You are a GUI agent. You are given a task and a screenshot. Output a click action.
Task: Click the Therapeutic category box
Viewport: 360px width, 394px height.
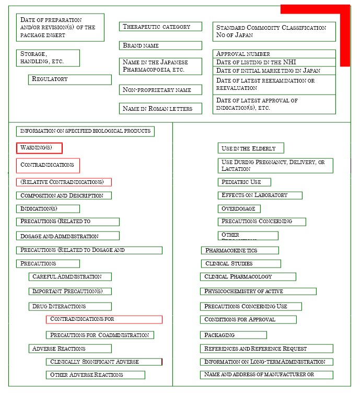click(160, 27)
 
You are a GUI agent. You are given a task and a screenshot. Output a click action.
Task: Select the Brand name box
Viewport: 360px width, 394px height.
click(160, 45)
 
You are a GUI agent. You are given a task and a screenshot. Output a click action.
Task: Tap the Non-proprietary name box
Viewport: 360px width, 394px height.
click(160, 90)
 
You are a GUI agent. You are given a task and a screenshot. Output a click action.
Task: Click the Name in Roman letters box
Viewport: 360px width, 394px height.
click(160, 109)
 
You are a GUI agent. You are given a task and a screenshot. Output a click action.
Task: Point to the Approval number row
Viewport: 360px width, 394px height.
click(274, 54)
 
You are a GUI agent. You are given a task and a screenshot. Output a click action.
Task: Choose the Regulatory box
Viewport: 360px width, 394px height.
click(69, 79)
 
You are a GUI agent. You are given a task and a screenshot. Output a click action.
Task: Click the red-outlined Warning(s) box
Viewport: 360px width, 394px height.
click(39, 148)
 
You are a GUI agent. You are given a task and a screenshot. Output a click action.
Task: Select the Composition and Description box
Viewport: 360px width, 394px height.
click(63, 195)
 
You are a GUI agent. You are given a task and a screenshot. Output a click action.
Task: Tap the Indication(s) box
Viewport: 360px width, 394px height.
click(48, 209)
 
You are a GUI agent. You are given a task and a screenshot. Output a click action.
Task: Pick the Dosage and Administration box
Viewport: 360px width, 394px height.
click(67, 236)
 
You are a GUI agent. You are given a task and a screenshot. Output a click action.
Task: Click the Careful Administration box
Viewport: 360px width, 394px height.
click(70, 276)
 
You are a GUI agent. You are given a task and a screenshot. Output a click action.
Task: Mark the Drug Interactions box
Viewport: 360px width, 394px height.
click(70, 306)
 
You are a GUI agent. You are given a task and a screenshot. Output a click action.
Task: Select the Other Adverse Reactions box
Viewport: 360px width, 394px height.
click(95, 375)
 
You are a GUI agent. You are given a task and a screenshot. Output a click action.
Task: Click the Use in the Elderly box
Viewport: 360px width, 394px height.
click(251, 148)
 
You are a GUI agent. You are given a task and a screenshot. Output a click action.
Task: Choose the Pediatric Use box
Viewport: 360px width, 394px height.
click(244, 182)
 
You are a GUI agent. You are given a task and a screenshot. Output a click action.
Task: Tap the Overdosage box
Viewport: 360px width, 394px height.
click(239, 208)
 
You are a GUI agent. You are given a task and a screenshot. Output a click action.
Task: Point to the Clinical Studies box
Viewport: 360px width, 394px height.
click(241, 263)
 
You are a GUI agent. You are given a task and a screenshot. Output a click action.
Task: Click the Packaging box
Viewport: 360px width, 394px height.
click(233, 335)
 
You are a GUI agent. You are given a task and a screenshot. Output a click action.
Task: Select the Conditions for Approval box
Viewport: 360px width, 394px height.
click(248, 319)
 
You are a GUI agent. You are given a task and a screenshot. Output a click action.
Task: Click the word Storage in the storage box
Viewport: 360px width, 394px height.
click(33, 54)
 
